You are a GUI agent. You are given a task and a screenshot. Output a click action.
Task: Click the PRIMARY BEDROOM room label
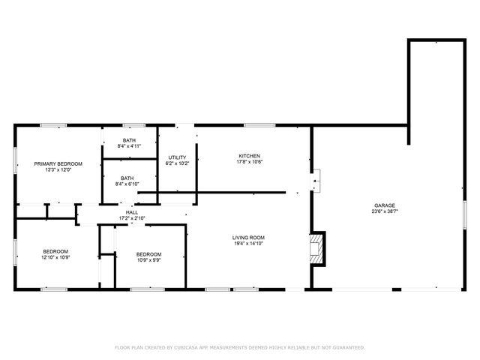tap(58, 163)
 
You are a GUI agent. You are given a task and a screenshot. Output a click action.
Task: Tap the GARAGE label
tap(385, 205)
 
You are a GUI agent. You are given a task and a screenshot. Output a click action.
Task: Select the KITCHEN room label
tap(249, 155)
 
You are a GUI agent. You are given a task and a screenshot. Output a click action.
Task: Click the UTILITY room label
tap(176, 157)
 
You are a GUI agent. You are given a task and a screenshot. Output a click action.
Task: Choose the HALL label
tap(131, 213)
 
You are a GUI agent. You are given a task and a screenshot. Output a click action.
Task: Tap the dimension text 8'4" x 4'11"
tap(129, 146)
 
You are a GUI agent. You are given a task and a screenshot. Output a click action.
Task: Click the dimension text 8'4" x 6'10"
tap(128, 184)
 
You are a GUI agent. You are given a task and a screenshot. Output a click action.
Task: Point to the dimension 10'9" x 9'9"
tap(148, 260)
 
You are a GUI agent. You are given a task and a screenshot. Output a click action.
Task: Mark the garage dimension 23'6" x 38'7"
tap(385, 211)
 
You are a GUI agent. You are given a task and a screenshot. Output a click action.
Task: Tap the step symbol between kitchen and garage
tap(317, 180)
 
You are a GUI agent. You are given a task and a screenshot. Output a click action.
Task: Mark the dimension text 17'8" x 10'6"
tap(249, 161)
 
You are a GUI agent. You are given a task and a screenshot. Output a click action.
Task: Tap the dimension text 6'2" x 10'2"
tap(176, 163)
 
